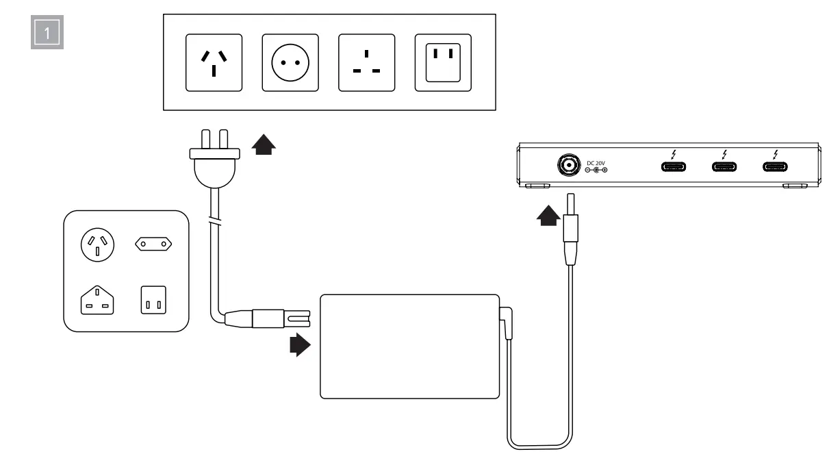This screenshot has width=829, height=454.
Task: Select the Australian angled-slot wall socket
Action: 214,62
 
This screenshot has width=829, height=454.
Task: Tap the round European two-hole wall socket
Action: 290,62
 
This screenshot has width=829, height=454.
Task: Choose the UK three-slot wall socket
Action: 366,62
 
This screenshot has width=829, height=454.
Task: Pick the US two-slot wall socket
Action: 443,62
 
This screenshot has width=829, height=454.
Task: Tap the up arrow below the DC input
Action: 548,217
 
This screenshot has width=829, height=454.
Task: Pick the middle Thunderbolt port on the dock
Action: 724,166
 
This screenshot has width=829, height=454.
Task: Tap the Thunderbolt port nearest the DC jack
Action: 674,166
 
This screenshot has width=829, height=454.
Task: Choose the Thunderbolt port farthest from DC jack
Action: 775,166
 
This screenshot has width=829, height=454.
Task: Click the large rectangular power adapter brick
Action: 409,345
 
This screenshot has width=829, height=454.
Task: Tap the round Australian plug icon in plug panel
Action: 97,245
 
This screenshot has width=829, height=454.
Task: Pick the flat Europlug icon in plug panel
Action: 153,242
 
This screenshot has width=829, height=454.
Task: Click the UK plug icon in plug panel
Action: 98,301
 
